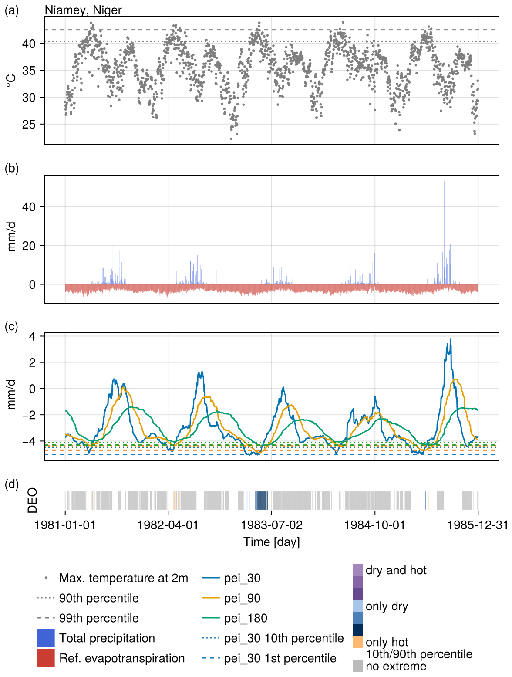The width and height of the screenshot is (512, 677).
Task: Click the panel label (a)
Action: pos(12,10)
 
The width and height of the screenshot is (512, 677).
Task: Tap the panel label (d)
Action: pos(12,484)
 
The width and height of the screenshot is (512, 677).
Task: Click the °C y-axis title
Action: pos(12,81)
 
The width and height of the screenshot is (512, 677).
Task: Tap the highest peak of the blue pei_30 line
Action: pos(450,340)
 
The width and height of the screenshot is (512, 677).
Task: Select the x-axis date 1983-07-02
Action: pos(272,525)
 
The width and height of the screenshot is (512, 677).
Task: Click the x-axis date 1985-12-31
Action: pos(478,525)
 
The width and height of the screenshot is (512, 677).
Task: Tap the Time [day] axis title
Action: pos(272,542)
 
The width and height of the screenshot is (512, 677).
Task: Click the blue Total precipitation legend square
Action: pos(46,638)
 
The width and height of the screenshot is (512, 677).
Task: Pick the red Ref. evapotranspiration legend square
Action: pos(46,658)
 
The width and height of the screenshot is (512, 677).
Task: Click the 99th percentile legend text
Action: pos(99,618)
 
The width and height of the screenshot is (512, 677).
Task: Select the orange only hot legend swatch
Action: pos(358,642)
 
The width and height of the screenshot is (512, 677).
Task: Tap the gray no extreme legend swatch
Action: pos(358,665)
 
